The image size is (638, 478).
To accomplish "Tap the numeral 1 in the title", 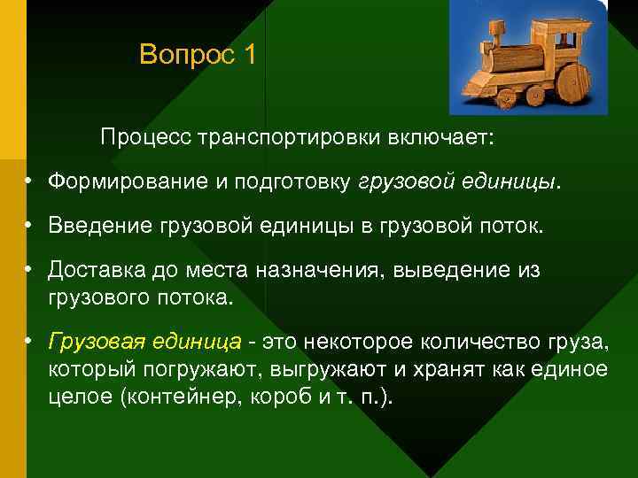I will [249, 56].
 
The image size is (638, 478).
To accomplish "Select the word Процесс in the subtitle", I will [145, 138].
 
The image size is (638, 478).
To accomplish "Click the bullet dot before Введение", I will [29, 226].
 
